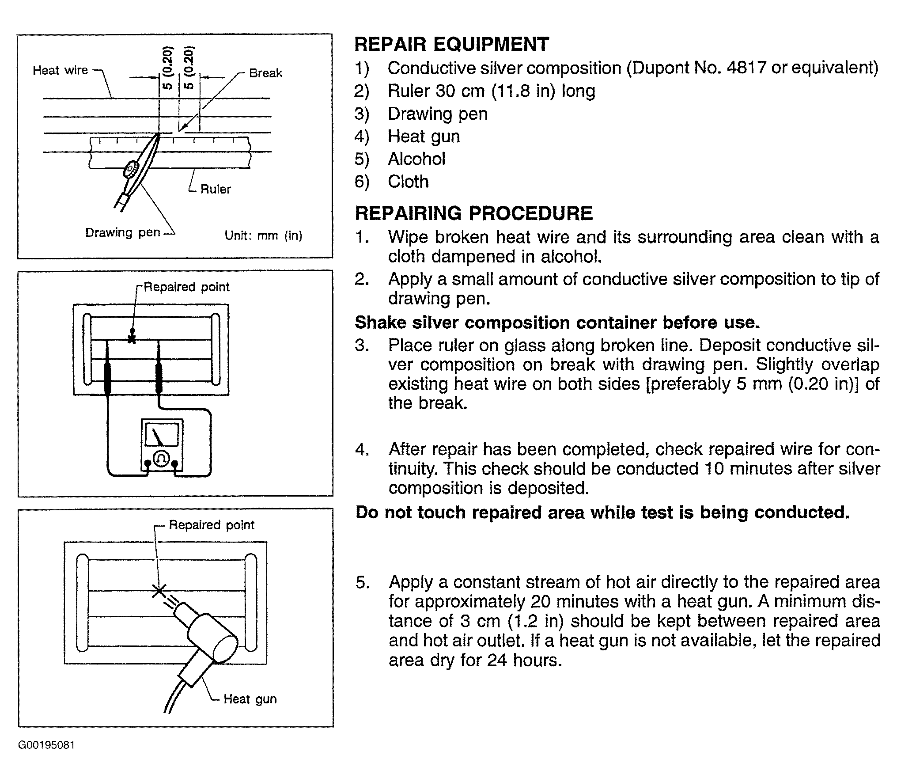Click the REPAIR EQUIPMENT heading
(x=452, y=44)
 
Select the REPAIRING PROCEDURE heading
(x=473, y=213)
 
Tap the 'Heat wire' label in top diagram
(x=60, y=70)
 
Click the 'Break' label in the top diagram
(x=265, y=73)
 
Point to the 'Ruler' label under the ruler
(x=216, y=189)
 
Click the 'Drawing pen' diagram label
(x=122, y=232)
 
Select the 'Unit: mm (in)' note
(x=264, y=235)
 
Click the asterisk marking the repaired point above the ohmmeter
(x=131, y=339)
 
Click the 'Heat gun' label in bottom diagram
(x=250, y=699)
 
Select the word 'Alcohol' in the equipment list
(x=416, y=159)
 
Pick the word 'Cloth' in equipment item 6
(x=408, y=182)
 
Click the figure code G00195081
(x=46, y=745)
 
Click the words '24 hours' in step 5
(x=524, y=660)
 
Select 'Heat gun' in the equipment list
(x=424, y=137)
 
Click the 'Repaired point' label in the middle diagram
(x=186, y=287)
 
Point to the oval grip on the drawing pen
(x=132, y=170)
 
